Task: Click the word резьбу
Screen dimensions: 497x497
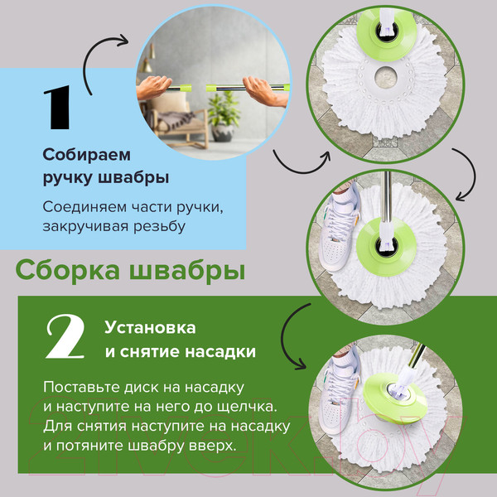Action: (x=157, y=225)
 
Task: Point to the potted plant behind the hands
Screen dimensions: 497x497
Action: (x=222, y=112)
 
